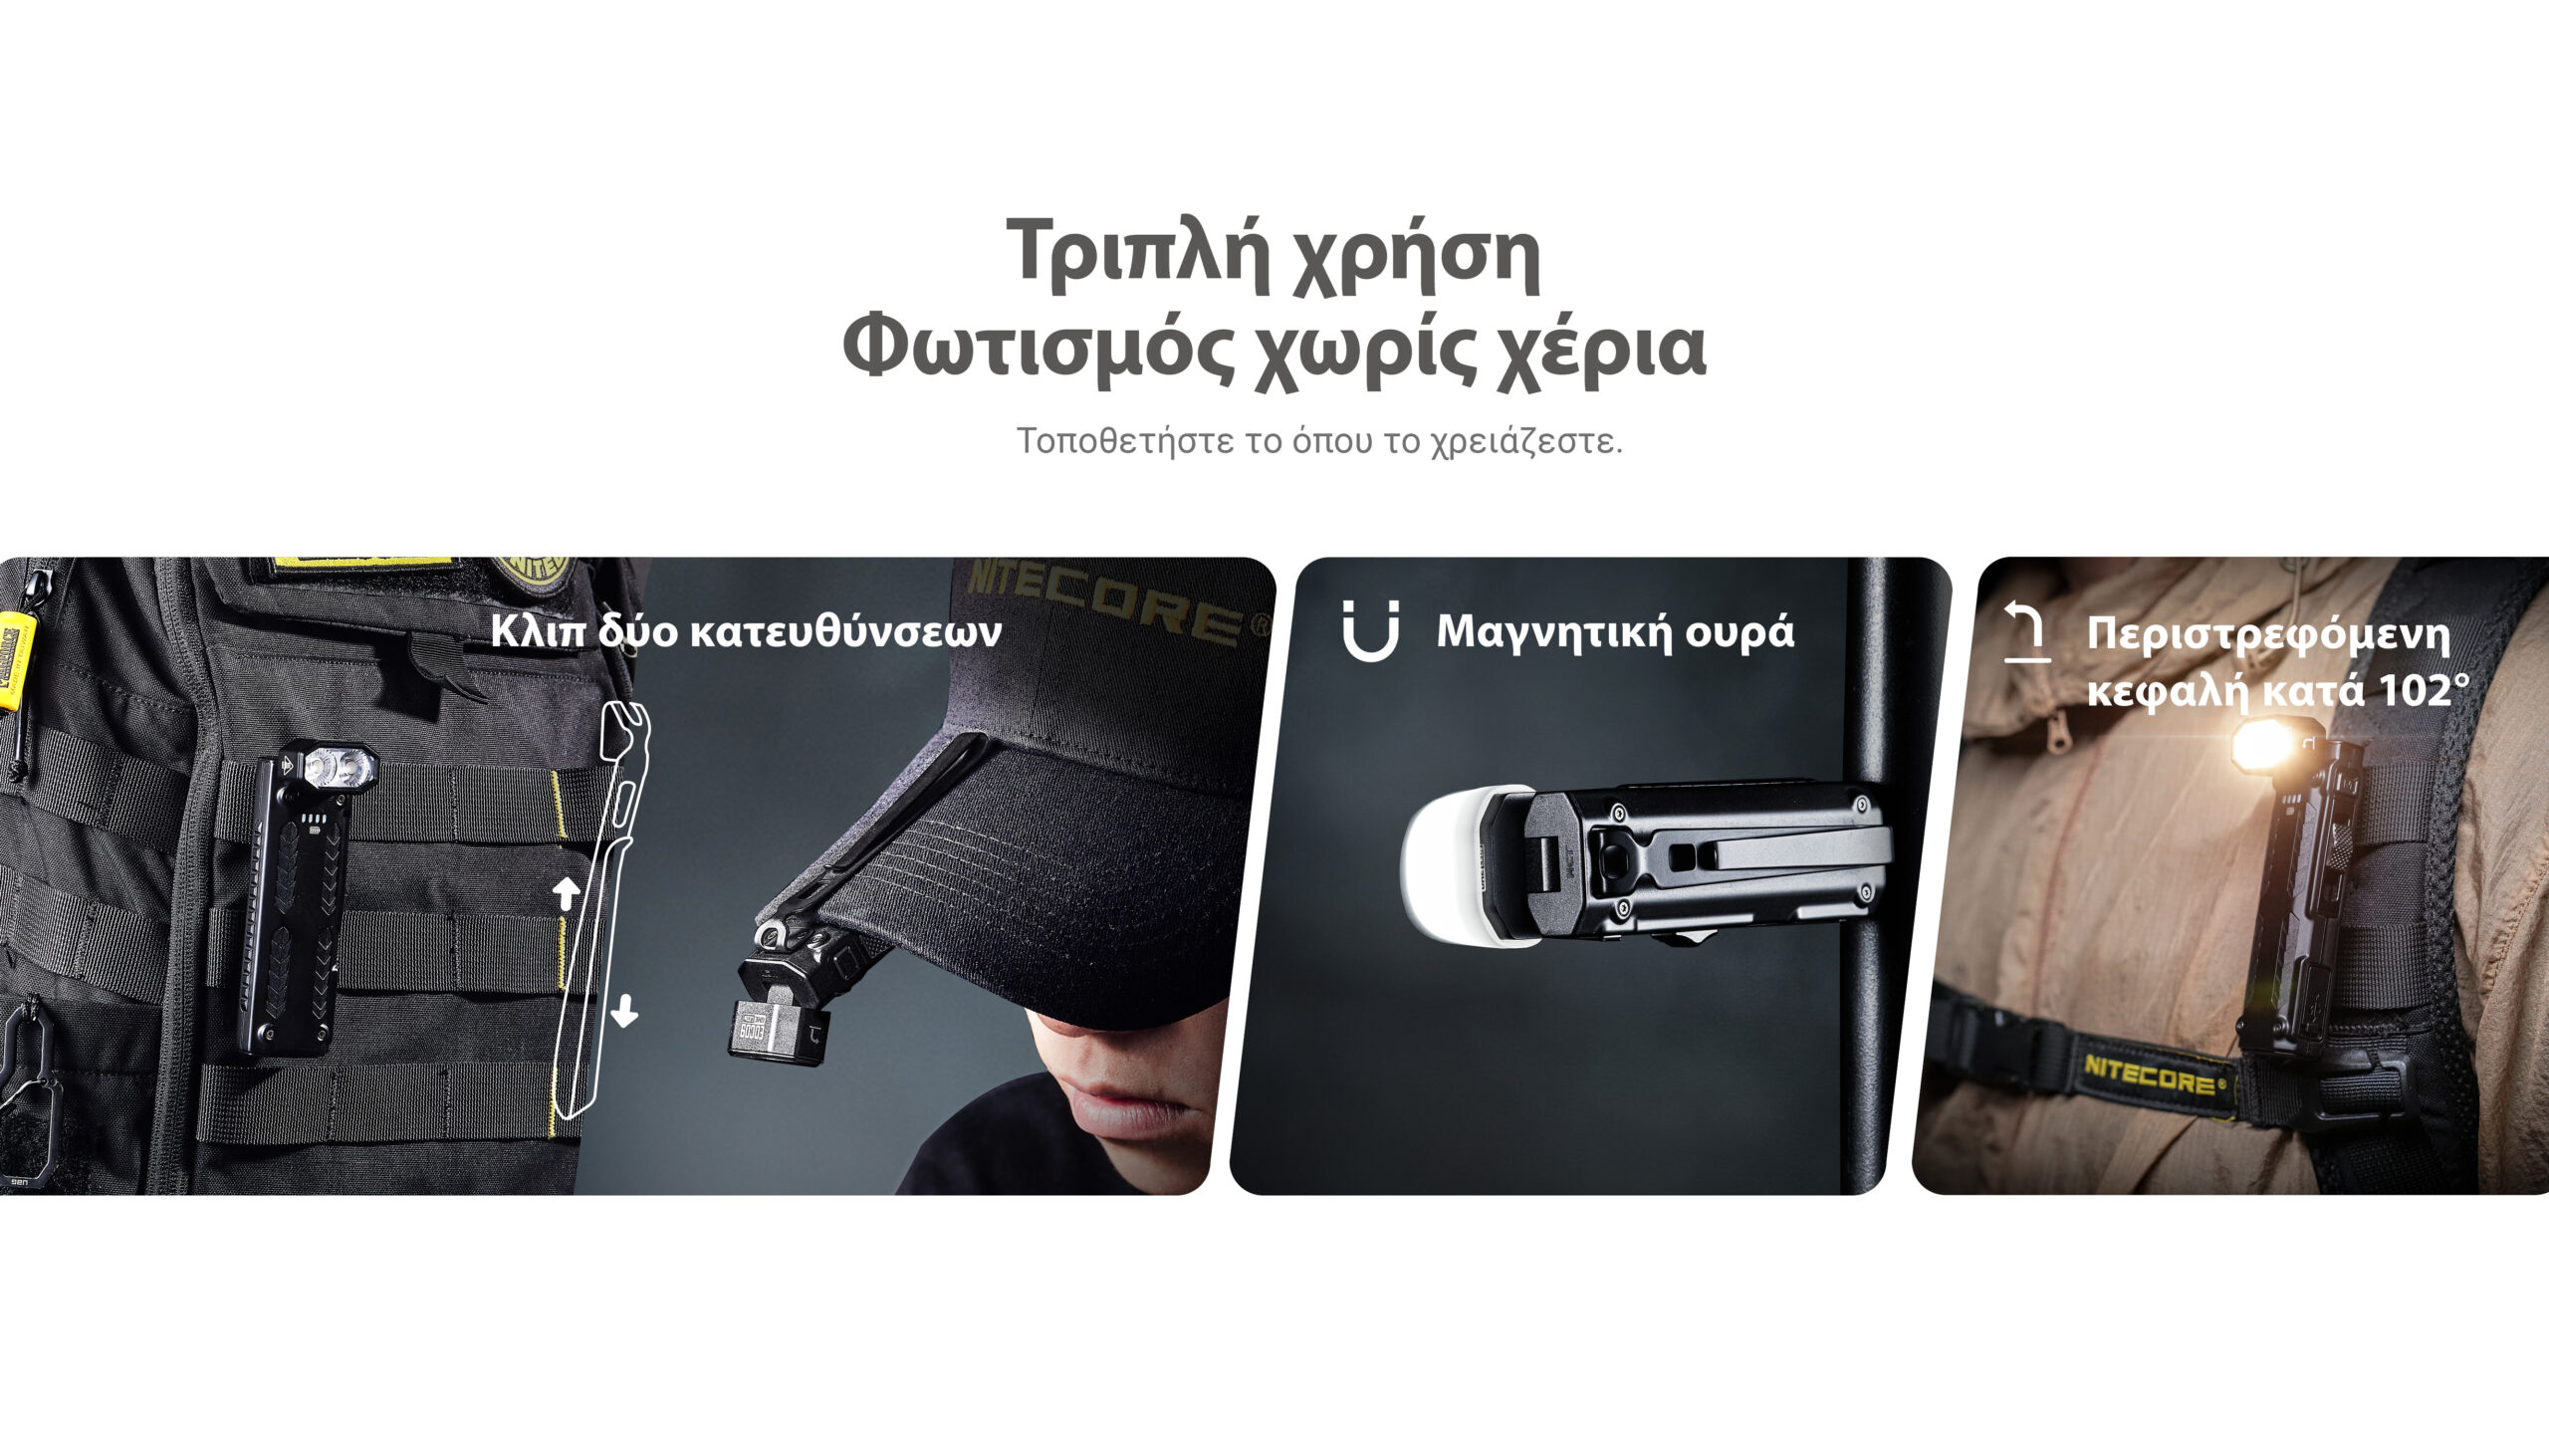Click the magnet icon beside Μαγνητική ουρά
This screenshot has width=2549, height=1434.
pyautogui.click(x=1371, y=631)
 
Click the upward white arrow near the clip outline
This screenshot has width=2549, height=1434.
pyautogui.click(x=567, y=892)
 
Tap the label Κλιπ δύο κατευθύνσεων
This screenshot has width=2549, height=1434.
pyautogui.click(x=746, y=631)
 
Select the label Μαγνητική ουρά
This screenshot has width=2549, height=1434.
pyautogui.click(x=1615, y=632)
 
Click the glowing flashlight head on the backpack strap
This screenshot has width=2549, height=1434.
pyautogui.click(x=2266, y=746)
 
